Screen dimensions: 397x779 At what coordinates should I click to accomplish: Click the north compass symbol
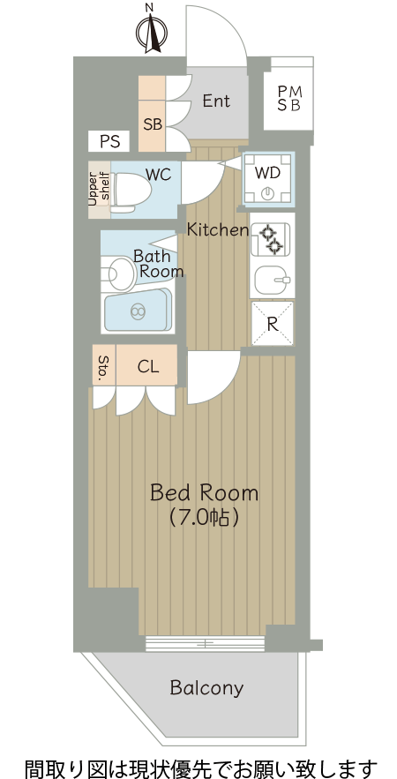[x=151, y=30]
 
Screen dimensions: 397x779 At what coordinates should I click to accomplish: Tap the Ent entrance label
[x=216, y=101]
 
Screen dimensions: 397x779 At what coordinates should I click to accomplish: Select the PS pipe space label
[x=109, y=141]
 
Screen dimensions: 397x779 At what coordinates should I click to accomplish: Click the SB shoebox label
[x=153, y=124]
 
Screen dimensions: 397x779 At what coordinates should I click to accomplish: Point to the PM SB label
[x=288, y=99]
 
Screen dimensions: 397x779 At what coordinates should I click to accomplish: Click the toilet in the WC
[x=130, y=192]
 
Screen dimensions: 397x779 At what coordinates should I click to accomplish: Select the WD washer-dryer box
[x=268, y=179]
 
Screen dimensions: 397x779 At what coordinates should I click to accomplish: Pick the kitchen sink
[x=273, y=281]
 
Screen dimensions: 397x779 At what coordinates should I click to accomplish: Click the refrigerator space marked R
[x=273, y=323]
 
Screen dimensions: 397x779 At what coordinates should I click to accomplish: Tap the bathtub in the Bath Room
[x=137, y=311]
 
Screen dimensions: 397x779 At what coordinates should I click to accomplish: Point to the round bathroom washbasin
[x=120, y=273]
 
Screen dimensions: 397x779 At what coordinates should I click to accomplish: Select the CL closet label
[x=147, y=367]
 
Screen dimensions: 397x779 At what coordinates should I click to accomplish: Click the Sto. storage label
[x=104, y=368]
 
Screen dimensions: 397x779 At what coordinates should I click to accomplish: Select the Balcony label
[x=206, y=688]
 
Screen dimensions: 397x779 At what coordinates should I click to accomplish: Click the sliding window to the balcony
[x=206, y=644]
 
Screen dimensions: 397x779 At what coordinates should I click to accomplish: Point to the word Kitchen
[x=218, y=229]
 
